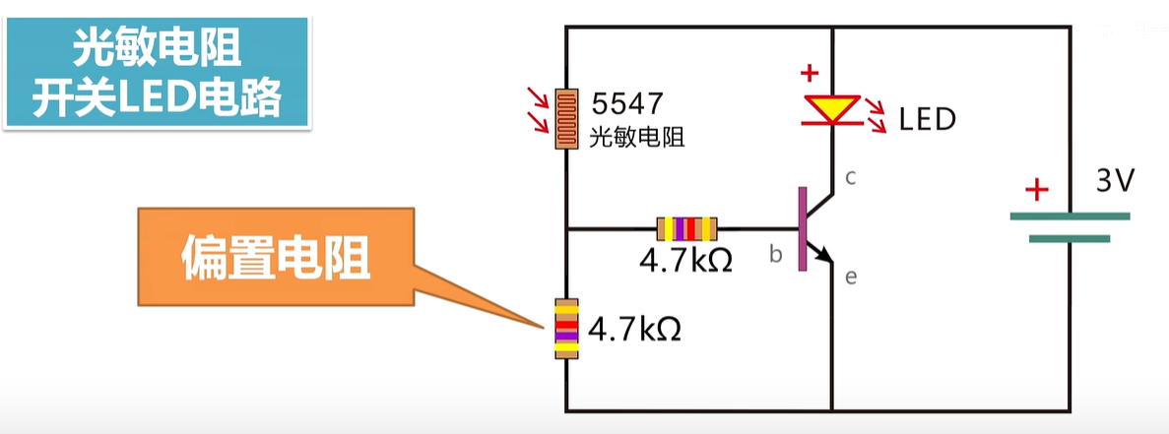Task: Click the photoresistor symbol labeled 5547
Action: point(565,119)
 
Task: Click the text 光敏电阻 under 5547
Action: point(636,137)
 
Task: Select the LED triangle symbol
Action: point(832,109)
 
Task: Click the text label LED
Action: point(927,120)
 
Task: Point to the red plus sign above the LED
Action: point(810,73)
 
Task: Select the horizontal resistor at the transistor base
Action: point(686,229)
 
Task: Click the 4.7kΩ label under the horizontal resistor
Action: point(685,262)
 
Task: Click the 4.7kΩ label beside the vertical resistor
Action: point(634,328)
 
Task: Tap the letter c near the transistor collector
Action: point(851,177)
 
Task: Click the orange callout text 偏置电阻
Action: point(275,259)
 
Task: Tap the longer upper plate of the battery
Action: point(1070,217)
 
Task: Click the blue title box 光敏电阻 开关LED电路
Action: point(158,74)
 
